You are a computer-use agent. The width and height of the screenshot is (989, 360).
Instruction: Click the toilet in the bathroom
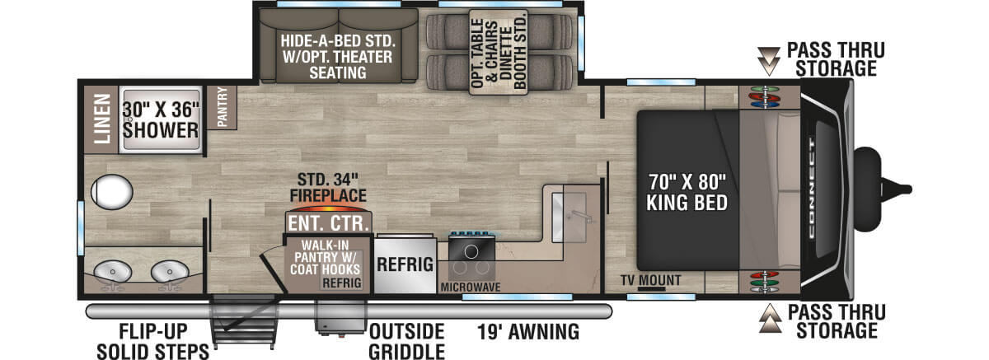point(113,191)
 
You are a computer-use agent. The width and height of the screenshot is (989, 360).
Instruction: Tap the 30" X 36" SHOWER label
point(162,120)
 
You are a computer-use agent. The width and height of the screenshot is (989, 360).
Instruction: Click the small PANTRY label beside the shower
point(221,107)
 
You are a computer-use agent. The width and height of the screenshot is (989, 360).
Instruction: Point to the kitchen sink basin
point(568,209)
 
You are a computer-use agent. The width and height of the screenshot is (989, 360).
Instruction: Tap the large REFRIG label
point(405,264)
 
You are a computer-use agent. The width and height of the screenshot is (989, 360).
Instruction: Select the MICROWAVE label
point(472,287)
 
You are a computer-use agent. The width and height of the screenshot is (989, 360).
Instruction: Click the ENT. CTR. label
point(328,222)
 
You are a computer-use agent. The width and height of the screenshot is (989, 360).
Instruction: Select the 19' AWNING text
point(527,332)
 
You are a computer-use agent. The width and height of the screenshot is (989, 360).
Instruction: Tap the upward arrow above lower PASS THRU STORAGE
point(770,316)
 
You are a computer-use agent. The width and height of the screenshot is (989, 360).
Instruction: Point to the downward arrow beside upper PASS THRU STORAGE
point(770,57)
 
